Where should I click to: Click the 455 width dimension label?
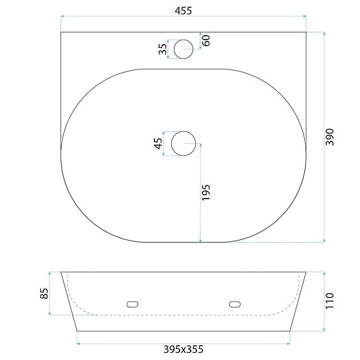click(183, 10)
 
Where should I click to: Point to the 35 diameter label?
click(162, 49)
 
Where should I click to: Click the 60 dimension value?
click(206, 40)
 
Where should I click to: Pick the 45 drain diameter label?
click(158, 143)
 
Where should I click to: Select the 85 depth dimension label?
click(43, 293)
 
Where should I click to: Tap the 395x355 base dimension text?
click(182, 350)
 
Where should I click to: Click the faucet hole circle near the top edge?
click(184, 48)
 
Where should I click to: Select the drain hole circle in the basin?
click(184, 143)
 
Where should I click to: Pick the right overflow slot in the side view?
click(234, 303)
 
